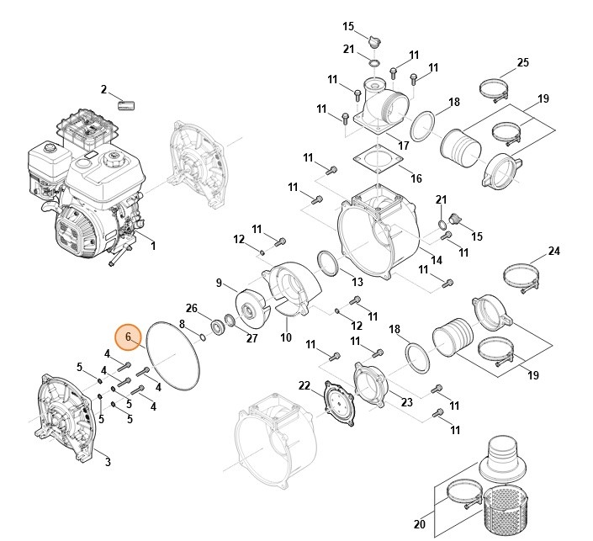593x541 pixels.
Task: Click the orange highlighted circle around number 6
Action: pyautogui.click(x=128, y=337)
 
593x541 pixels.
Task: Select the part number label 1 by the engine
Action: pyautogui.click(x=153, y=246)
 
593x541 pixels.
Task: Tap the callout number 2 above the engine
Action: pyautogui.click(x=103, y=89)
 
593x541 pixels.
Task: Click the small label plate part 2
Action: pyautogui.click(x=126, y=105)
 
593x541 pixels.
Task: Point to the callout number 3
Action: pyautogui.click(x=108, y=462)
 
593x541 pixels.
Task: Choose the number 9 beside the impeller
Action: pyautogui.click(x=219, y=283)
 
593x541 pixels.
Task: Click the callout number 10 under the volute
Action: pyautogui.click(x=286, y=337)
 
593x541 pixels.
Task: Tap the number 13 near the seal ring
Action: pyautogui.click(x=357, y=282)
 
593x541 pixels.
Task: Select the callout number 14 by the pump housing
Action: pyautogui.click(x=436, y=260)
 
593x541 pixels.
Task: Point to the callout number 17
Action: pyautogui.click(x=403, y=146)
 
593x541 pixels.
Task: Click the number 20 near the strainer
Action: pyautogui.click(x=420, y=524)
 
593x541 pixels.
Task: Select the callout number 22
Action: pyautogui.click(x=304, y=385)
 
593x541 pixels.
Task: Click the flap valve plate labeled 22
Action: pyautogui.click(x=339, y=403)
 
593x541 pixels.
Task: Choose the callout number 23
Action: pyautogui.click(x=406, y=402)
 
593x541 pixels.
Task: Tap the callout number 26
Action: pyautogui.click(x=192, y=308)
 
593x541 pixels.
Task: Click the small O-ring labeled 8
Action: pyautogui.click(x=202, y=337)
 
